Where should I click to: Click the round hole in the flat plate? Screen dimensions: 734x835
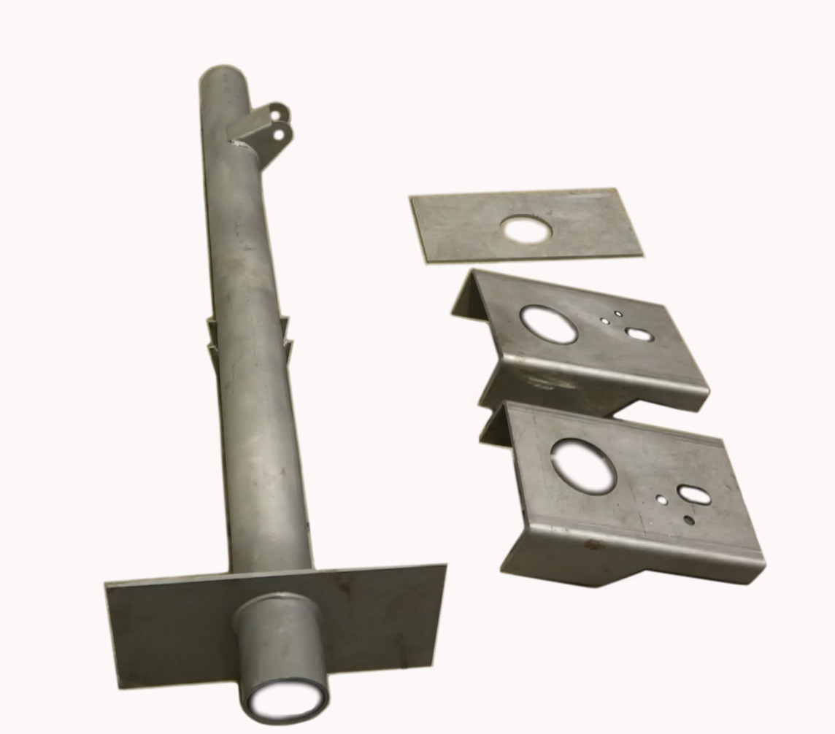click(526, 230)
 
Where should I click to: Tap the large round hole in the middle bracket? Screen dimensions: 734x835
click(548, 324)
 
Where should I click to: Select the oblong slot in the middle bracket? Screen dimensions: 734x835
click(639, 334)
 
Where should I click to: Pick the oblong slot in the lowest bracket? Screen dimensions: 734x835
click(693, 494)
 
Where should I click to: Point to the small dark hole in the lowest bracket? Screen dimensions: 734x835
click(689, 520)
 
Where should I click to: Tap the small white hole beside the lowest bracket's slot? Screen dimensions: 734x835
click(661, 501)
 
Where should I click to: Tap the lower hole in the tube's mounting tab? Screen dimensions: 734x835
click(278, 134)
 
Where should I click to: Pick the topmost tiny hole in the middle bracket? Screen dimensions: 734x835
click(618, 314)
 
